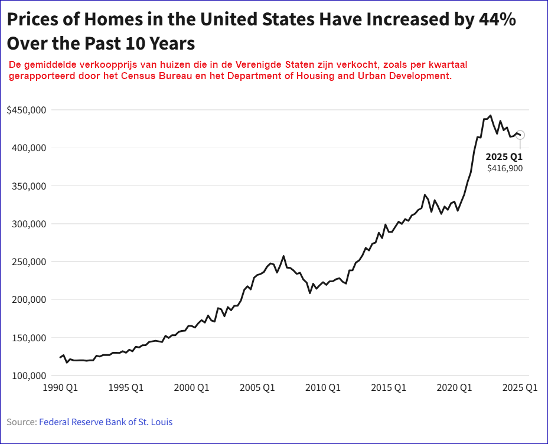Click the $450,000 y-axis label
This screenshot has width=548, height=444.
point(27,110)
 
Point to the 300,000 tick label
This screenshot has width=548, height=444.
point(29,224)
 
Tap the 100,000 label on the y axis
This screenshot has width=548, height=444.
point(29,376)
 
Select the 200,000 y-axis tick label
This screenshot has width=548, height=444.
point(29,300)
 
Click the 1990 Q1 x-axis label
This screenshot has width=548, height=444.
point(60,387)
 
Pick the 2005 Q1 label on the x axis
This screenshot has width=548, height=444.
point(257,387)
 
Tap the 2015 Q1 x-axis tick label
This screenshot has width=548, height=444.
point(389,387)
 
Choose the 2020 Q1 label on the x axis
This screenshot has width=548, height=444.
point(454,387)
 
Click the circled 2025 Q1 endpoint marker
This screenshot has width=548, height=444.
point(520,135)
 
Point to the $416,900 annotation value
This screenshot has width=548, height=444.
point(505,168)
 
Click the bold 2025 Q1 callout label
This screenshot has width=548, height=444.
point(504,156)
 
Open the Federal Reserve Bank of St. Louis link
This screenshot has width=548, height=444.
point(106,422)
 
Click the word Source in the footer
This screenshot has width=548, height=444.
point(21,422)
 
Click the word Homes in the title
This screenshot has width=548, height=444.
point(113,19)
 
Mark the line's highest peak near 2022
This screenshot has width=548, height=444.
point(490,115)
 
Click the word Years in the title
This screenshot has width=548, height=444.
point(172,44)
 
